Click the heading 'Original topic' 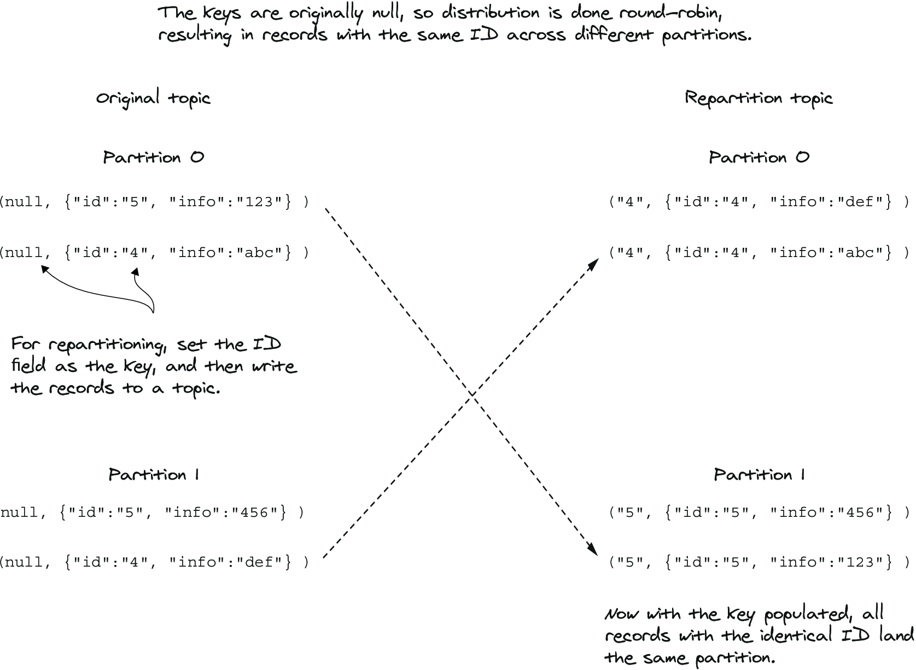[153, 98]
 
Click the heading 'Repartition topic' [759, 98]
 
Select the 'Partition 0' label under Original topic [153, 158]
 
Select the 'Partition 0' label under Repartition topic [759, 158]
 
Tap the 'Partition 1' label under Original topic [154, 475]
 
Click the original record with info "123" [155, 202]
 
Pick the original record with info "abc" [155, 252]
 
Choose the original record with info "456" [152, 512]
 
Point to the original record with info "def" [155, 562]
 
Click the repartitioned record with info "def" [760, 202]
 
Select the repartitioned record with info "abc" [760, 252]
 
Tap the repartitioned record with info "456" [760, 512]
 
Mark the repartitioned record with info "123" [760, 562]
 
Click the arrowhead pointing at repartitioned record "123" [593, 549]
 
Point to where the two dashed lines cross [472, 394]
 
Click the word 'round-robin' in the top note [670, 13]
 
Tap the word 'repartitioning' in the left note [108, 345]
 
